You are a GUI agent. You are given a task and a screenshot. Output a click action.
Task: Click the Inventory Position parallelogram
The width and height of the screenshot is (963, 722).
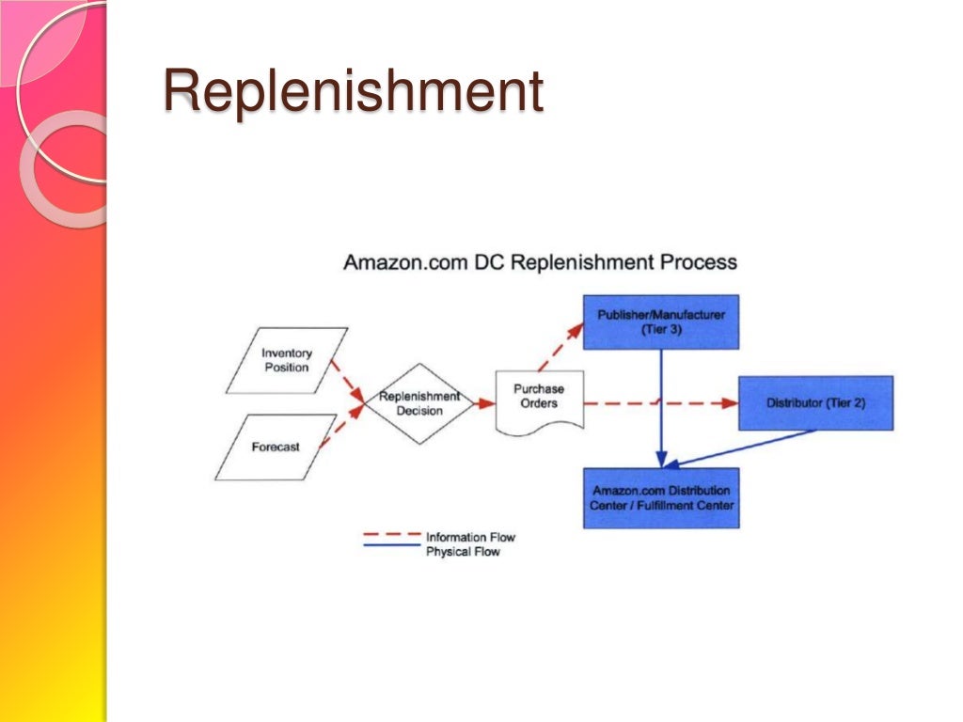(287, 360)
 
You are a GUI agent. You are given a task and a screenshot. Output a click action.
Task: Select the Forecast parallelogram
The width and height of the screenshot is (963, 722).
(276, 447)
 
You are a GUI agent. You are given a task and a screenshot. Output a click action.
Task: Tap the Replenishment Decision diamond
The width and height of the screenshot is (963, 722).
(418, 403)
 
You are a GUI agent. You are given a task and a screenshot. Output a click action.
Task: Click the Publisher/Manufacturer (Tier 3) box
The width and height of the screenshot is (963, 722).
(660, 322)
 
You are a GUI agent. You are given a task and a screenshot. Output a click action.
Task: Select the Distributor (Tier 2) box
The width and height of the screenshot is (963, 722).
(815, 402)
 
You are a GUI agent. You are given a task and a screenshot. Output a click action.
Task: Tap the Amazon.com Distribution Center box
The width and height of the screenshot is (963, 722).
(660, 497)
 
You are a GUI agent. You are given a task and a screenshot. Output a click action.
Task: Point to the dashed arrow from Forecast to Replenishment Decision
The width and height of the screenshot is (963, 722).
(340, 426)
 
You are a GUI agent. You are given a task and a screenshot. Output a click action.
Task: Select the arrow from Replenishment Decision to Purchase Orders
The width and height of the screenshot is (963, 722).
(483, 403)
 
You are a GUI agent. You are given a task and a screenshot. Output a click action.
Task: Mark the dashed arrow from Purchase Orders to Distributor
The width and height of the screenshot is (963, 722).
(658, 403)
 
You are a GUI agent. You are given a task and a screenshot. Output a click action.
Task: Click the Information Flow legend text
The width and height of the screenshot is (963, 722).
(470, 537)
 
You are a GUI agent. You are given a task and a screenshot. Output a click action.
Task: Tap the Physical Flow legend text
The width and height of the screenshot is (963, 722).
(463, 552)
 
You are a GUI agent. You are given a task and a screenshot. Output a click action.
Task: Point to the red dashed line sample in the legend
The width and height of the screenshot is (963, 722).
(391, 535)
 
